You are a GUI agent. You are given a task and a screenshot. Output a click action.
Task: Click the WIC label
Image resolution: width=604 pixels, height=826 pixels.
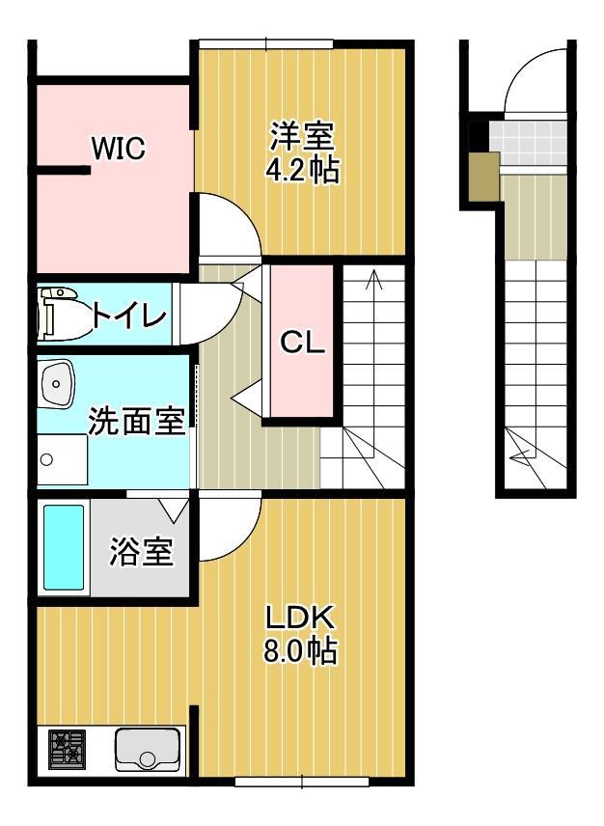click(x=118, y=149)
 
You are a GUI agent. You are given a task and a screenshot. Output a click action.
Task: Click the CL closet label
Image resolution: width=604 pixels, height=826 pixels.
click(x=303, y=343)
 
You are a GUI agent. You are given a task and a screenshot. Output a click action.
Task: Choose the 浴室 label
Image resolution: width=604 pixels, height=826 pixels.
click(x=141, y=553)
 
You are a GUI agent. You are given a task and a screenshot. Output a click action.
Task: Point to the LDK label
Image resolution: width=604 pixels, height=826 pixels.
click(x=300, y=617)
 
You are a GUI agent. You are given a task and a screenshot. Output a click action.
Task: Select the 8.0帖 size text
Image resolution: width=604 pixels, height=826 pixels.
click(x=300, y=652)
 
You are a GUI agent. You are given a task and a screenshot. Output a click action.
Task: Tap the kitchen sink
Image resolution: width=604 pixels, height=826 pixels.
click(x=148, y=750)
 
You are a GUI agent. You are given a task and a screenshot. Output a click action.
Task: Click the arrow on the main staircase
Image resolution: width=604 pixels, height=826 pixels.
click(x=374, y=280)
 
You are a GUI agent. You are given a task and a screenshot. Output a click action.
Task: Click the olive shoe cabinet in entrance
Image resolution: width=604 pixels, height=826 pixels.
click(x=483, y=177)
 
